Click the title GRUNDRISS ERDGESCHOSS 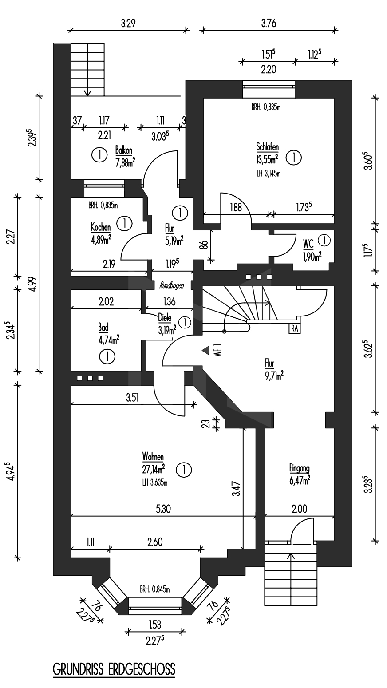click(114, 668)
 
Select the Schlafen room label click(267, 146)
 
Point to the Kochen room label click(100, 227)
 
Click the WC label click(308, 244)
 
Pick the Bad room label click(103, 328)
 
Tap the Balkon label click(124, 150)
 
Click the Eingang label click(300, 468)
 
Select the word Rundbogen click(172, 285)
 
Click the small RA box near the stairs click(295, 328)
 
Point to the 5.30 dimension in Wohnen click(163, 509)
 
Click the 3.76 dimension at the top click(269, 23)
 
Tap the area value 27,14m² click(153, 469)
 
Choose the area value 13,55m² click(267, 159)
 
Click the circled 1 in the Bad click(107, 357)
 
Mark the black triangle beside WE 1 click(205, 350)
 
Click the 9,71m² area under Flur click(274, 375)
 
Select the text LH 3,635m click(155, 483)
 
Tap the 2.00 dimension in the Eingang click(300, 509)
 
